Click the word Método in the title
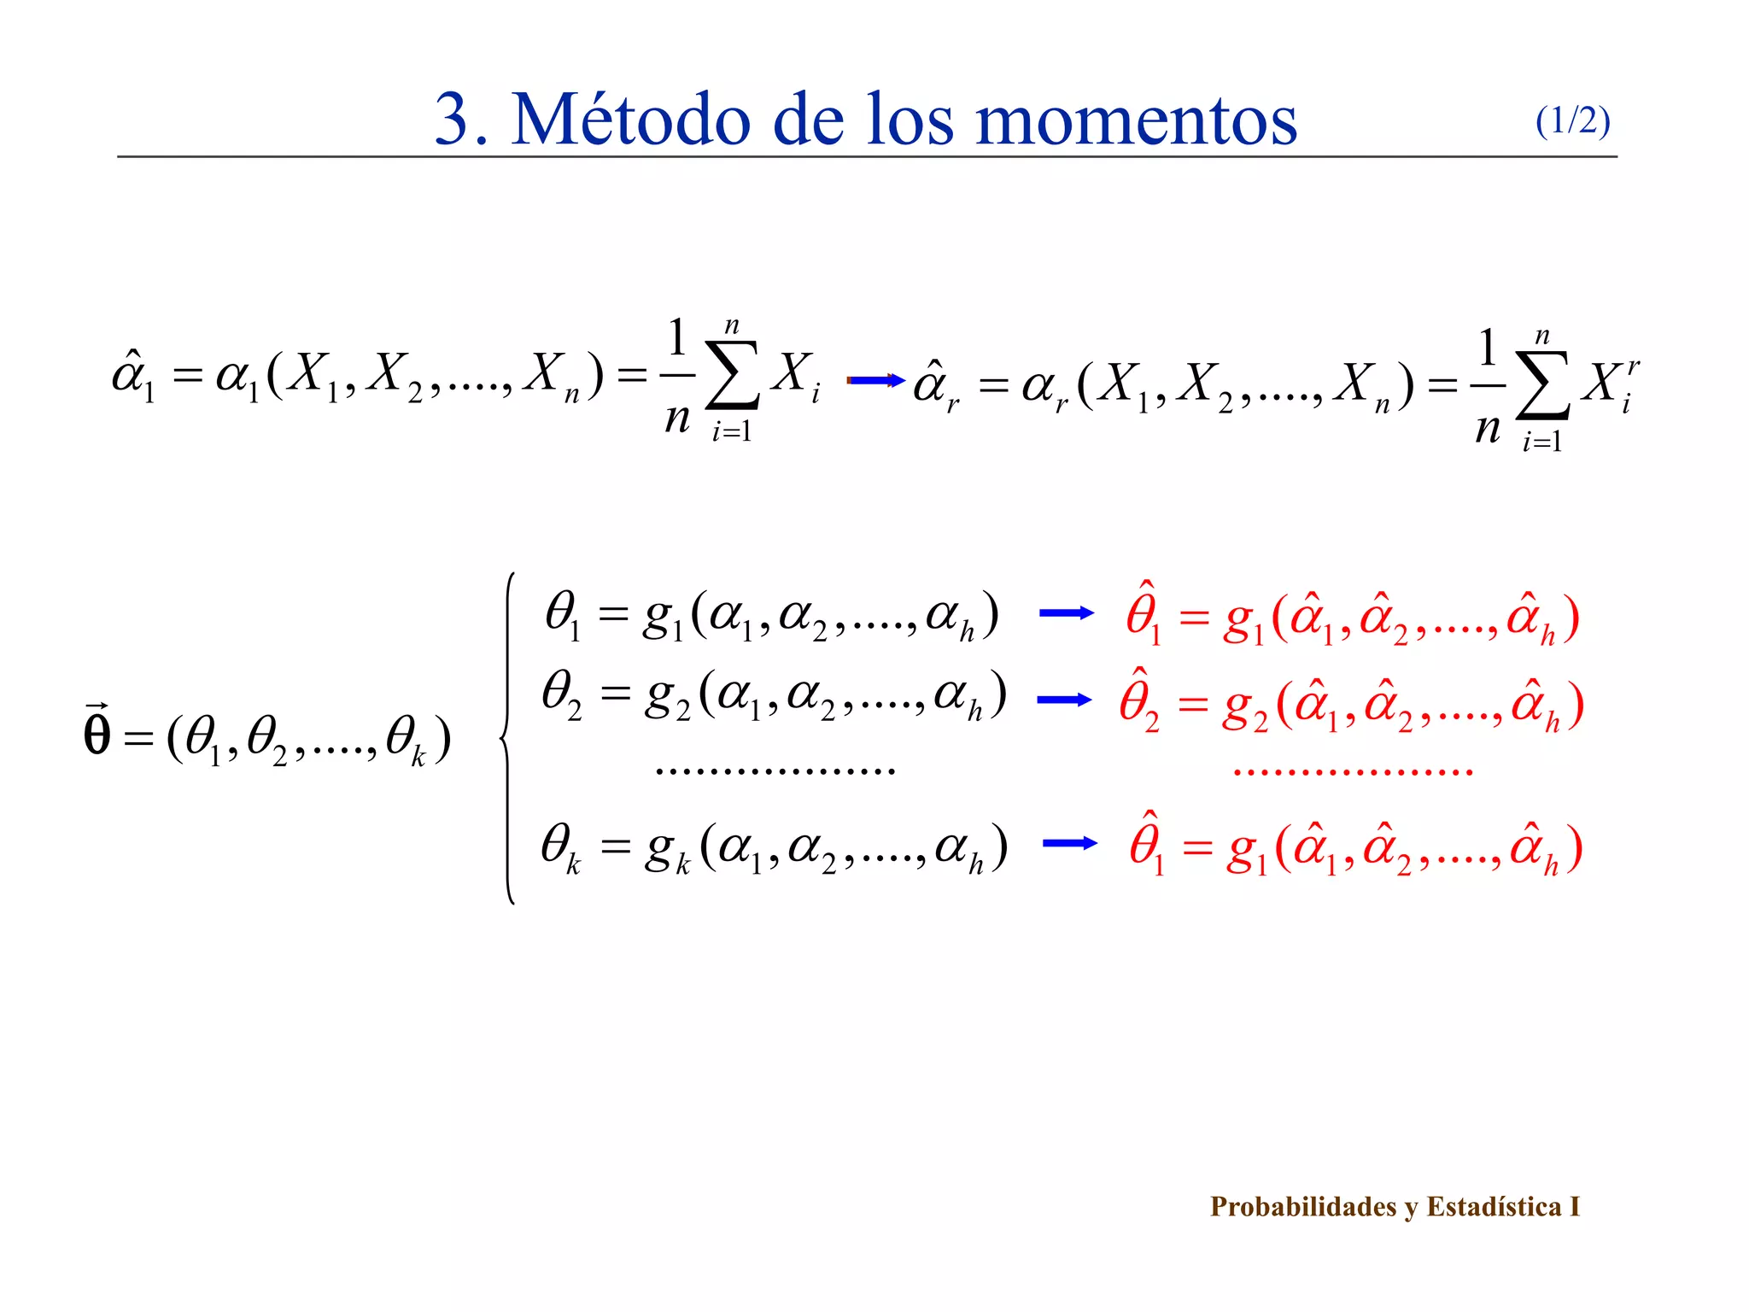pyautogui.click(x=632, y=120)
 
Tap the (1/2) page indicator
pyautogui.click(x=1572, y=121)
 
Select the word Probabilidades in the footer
pyautogui.click(x=1303, y=1206)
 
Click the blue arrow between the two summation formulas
pyautogui.click(x=875, y=380)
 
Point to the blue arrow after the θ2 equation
pyautogui.click(x=1064, y=700)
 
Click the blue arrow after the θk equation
pyautogui.click(x=1069, y=843)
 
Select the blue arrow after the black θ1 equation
pyautogui.click(x=1066, y=612)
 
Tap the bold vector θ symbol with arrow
pyautogui.click(x=97, y=732)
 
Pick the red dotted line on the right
pyautogui.click(x=1353, y=772)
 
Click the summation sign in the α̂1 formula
pyautogui.click(x=732, y=376)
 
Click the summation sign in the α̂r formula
pyautogui.click(x=1542, y=386)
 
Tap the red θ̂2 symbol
pyautogui.click(x=1139, y=700)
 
